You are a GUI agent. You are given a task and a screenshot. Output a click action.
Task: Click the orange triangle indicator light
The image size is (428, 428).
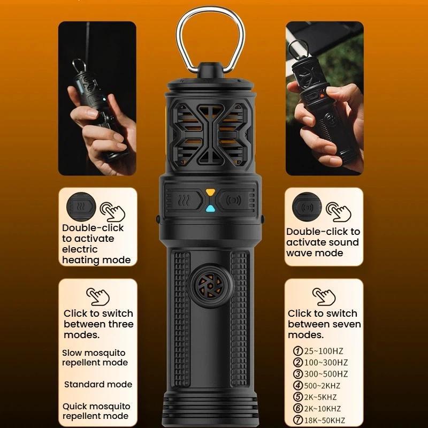pos(210,192)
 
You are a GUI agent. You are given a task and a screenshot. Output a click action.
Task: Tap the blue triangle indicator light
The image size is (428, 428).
pos(210,209)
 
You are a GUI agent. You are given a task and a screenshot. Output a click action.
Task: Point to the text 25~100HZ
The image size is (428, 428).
pos(324,351)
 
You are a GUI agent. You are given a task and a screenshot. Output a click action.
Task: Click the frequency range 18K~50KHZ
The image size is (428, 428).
pos(325,420)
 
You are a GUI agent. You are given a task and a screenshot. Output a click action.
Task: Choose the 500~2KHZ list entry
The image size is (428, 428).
pos(322,386)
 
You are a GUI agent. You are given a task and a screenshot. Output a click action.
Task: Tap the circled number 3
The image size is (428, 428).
pos(298,374)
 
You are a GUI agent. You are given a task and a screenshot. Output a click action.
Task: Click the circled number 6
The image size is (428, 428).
pos(298,408)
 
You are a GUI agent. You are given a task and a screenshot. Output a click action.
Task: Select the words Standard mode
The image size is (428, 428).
pos(98,384)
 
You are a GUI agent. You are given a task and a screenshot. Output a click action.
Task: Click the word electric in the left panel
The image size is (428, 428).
pos(80,249)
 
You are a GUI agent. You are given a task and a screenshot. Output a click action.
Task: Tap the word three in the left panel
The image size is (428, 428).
pos(121,324)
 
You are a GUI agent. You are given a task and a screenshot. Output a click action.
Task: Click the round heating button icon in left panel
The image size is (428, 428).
pos(81,207)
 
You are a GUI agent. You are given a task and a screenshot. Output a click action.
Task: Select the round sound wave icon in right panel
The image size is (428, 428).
pos(307,207)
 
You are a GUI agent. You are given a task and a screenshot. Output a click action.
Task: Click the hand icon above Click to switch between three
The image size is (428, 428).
pos(98,296)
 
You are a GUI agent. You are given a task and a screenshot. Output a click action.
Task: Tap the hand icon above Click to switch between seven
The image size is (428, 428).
pos(324,296)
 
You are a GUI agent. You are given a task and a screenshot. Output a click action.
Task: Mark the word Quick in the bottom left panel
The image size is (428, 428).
pos(73,407)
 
